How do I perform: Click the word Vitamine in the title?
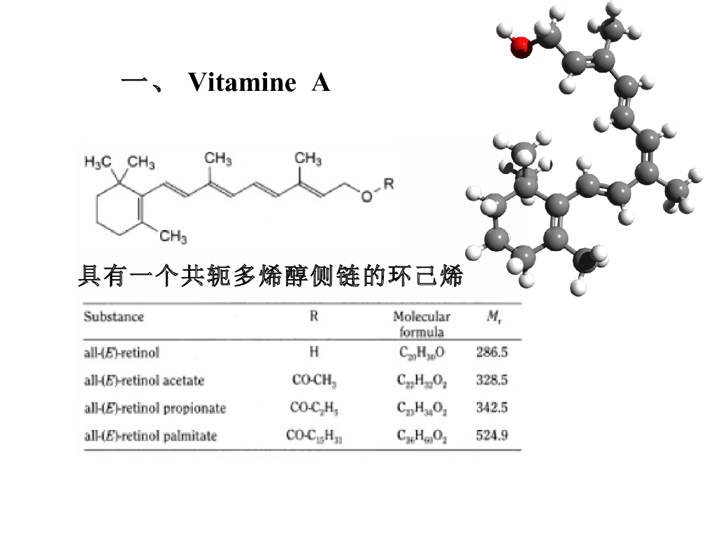(242, 83)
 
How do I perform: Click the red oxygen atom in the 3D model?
(520, 48)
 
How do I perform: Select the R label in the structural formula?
(389, 184)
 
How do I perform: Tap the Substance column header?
(113, 317)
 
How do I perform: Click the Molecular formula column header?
(422, 324)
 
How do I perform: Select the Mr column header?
(494, 317)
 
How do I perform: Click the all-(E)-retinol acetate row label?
(144, 380)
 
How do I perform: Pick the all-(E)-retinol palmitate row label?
(150, 436)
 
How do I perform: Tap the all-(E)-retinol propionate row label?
(155, 408)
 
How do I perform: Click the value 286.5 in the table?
(492, 352)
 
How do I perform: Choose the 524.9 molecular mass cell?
(492, 436)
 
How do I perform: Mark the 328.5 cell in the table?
(492, 380)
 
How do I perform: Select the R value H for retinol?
(314, 352)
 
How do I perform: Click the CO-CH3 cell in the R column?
(314, 380)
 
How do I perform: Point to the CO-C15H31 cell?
(314, 436)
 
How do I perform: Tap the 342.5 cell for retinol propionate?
(492, 408)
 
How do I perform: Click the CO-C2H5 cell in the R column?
(314, 408)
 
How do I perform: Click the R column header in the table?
(314, 317)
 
